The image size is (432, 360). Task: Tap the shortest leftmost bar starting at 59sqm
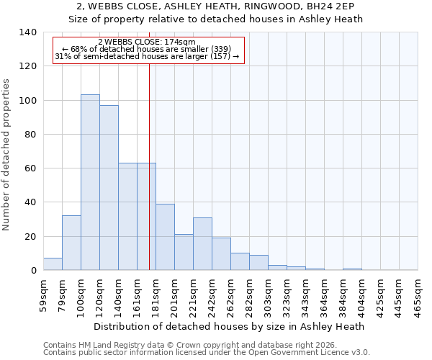click(53, 264)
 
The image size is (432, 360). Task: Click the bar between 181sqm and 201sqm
click(165, 237)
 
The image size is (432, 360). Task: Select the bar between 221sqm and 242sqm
click(202, 243)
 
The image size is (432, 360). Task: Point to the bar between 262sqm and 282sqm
click(240, 261)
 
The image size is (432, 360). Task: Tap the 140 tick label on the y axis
click(28, 32)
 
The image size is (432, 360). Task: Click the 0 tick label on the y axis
click(33, 271)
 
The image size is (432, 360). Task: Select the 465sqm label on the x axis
click(418, 295)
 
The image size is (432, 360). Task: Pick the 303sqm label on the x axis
click(268, 295)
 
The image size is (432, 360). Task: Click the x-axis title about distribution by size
click(230, 326)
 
